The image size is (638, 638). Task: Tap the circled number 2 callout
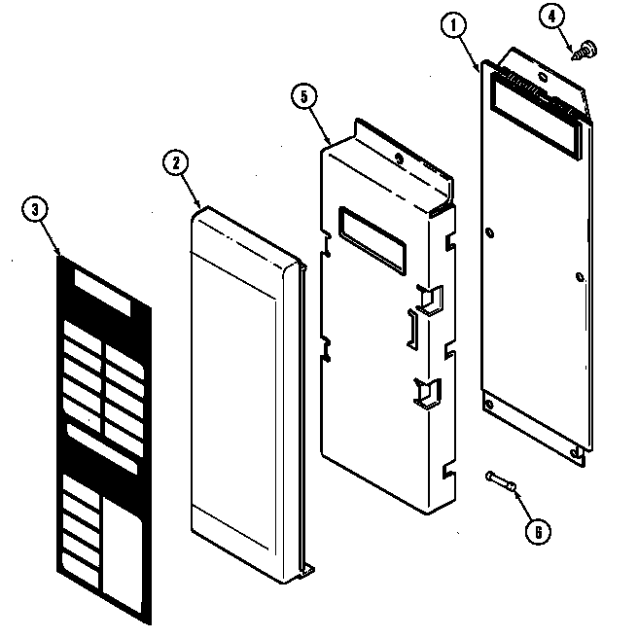click(x=175, y=163)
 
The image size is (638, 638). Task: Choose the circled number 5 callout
click(x=304, y=97)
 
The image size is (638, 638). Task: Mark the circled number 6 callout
click(x=536, y=531)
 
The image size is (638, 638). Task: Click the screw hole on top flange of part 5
click(x=399, y=158)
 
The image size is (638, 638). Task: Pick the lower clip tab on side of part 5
click(x=424, y=391)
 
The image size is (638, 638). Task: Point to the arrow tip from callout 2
click(x=200, y=206)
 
